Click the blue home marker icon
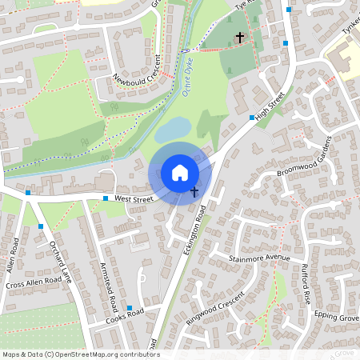click(x=180, y=172)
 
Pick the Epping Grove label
click(x=336, y=317)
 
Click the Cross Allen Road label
click(x=33, y=283)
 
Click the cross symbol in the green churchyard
click(x=239, y=37)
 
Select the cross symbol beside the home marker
click(x=194, y=191)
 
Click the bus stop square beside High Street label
click(x=252, y=118)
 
